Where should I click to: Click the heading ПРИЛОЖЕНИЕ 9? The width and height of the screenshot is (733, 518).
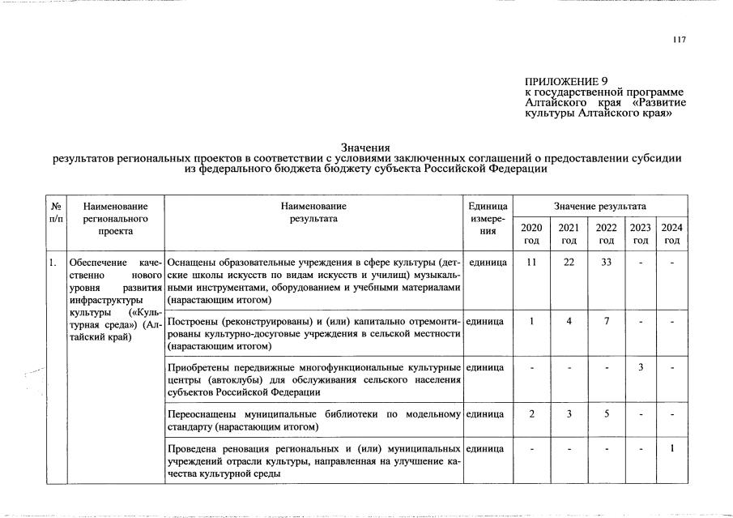(x=567, y=81)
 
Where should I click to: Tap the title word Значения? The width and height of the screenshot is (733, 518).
(x=366, y=148)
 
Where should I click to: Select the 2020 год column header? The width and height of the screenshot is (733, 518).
(x=531, y=233)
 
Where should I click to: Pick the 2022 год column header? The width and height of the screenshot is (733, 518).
(x=605, y=233)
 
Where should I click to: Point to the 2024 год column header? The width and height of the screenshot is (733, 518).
(x=671, y=233)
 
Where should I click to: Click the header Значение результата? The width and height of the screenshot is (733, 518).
(x=600, y=207)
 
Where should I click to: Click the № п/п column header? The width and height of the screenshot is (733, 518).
(x=56, y=213)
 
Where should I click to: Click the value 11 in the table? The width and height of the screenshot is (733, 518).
(x=531, y=263)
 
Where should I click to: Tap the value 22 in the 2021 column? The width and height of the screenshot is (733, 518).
(x=569, y=263)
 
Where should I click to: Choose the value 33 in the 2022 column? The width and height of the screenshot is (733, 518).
(x=605, y=263)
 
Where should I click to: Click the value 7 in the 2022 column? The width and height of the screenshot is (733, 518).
(x=605, y=321)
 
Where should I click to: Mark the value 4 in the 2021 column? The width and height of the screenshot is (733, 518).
(x=569, y=321)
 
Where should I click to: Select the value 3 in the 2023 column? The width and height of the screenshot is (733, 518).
(x=640, y=368)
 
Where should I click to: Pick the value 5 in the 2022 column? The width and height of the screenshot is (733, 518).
(x=605, y=414)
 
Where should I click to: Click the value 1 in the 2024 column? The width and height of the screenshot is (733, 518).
(x=671, y=449)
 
